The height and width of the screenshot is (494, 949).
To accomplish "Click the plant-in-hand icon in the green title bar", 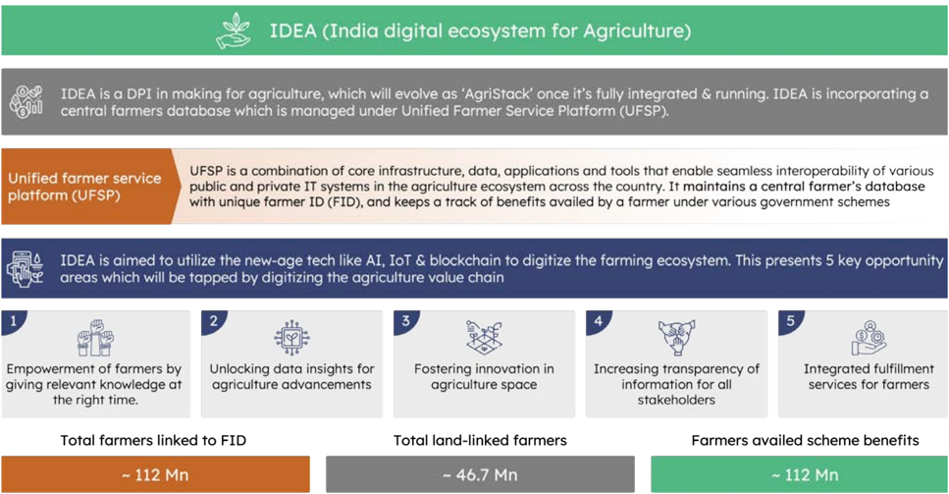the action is coord(233,30).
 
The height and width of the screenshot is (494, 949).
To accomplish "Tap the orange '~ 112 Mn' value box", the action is coord(155,474).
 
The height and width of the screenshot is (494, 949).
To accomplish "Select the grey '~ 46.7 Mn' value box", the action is coord(480,474).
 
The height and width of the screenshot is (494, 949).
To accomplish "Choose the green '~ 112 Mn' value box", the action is coord(800,474).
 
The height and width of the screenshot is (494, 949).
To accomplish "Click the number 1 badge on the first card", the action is coord(13,321).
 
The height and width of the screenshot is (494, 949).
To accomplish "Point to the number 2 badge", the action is coord(212,321).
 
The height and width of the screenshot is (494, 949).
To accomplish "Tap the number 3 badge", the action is coord(405,321).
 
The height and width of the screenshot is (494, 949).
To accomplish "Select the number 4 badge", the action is coord(598,321).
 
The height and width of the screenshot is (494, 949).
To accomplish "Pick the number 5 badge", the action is coord(790,321).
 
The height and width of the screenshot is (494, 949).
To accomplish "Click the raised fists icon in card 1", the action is coord(95,338).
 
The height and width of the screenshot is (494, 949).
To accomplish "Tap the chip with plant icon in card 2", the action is coord(291,338).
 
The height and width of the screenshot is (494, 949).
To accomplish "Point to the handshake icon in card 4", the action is coord(676,338).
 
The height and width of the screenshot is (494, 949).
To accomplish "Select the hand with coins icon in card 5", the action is coord(870,338).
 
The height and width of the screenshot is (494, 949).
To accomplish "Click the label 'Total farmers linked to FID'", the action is coord(153,440).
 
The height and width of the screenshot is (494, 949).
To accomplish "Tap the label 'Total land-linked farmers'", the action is coord(480,440).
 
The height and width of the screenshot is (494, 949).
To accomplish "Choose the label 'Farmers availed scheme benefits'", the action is coord(805,440).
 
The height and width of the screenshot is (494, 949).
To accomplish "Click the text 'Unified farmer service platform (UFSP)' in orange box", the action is coord(84,187).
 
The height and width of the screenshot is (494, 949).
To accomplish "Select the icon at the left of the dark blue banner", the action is coord(26,268).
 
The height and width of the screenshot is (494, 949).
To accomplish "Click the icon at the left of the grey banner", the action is coord(26,102).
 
